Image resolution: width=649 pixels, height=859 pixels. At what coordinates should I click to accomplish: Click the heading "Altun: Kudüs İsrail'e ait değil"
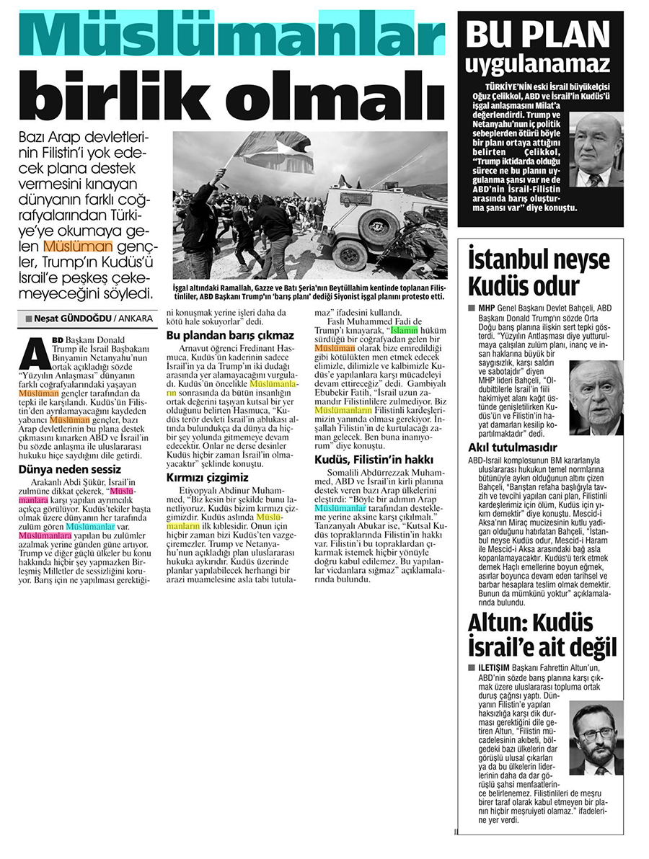tap(542, 634)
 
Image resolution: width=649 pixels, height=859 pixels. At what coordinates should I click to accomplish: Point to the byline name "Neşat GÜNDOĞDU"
tap(69, 318)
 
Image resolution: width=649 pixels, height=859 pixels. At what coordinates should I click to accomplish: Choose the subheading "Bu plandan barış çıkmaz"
tap(230, 336)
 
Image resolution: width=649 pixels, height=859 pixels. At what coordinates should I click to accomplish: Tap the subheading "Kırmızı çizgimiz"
tap(208, 477)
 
